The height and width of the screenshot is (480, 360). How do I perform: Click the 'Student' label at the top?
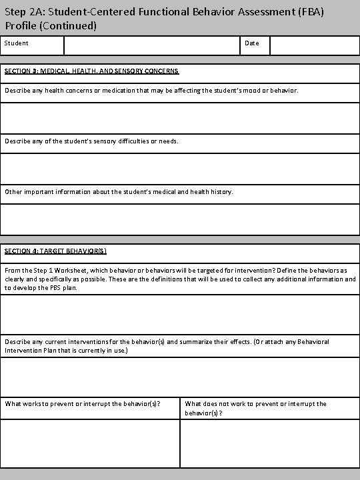click(17, 43)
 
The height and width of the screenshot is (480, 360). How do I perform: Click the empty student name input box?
click(151, 45)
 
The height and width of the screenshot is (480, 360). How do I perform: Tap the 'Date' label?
click(252, 43)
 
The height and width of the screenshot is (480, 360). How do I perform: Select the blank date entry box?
click(314, 45)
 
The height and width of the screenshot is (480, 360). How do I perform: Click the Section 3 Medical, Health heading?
click(91, 71)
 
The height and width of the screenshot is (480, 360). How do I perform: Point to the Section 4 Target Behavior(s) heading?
click(55, 251)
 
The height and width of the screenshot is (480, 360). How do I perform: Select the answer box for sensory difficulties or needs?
click(180, 168)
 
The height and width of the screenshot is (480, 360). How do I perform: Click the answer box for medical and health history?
click(180, 219)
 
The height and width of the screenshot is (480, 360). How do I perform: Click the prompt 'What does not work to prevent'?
click(255, 404)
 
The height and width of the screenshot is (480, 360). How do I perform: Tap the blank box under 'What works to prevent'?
click(91, 443)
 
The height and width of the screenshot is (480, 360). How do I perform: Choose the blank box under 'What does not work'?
click(269, 443)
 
